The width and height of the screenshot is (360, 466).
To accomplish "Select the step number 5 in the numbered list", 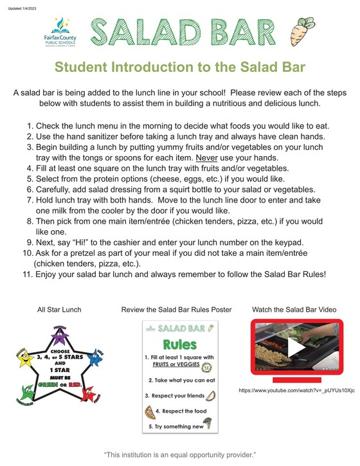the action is [x=30, y=179].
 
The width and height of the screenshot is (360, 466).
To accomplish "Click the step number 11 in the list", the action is [x=28, y=274].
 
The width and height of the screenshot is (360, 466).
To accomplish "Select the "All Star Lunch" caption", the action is [x=59, y=310].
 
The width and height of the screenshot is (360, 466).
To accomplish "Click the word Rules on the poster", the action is [x=180, y=343].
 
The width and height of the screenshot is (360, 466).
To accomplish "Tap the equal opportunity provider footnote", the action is [x=179, y=454].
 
